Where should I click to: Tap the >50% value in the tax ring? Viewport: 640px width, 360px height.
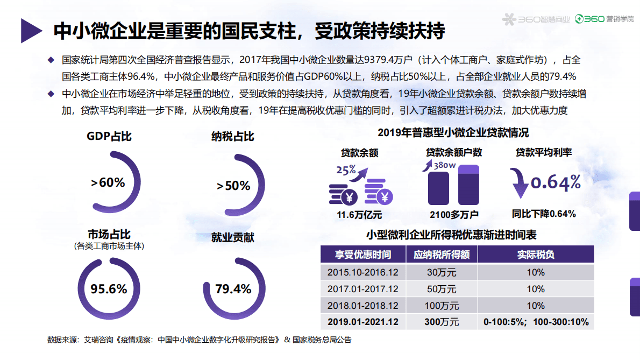(x=233, y=186)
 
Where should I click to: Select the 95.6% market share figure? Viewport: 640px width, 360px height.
(x=109, y=289)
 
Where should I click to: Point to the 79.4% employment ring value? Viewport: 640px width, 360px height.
(x=233, y=289)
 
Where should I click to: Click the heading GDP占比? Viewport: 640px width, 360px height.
(x=109, y=136)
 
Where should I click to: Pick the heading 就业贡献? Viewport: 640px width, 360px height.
(x=233, y=237)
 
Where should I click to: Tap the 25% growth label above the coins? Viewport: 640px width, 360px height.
(x=346, y=170)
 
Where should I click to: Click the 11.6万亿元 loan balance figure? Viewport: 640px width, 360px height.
(x=359, y=215)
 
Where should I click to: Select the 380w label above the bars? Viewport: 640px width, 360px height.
(x=444, y=165)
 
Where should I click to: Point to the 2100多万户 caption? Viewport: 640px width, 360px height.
(x=454, y=215)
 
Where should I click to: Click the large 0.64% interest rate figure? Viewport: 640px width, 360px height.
(x=556, y=182)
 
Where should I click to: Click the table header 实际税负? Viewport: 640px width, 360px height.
(x=536, y=254)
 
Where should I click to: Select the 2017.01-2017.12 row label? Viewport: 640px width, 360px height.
(x=363, y=289)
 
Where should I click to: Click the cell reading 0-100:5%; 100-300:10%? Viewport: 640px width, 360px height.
(x=536, y=322)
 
